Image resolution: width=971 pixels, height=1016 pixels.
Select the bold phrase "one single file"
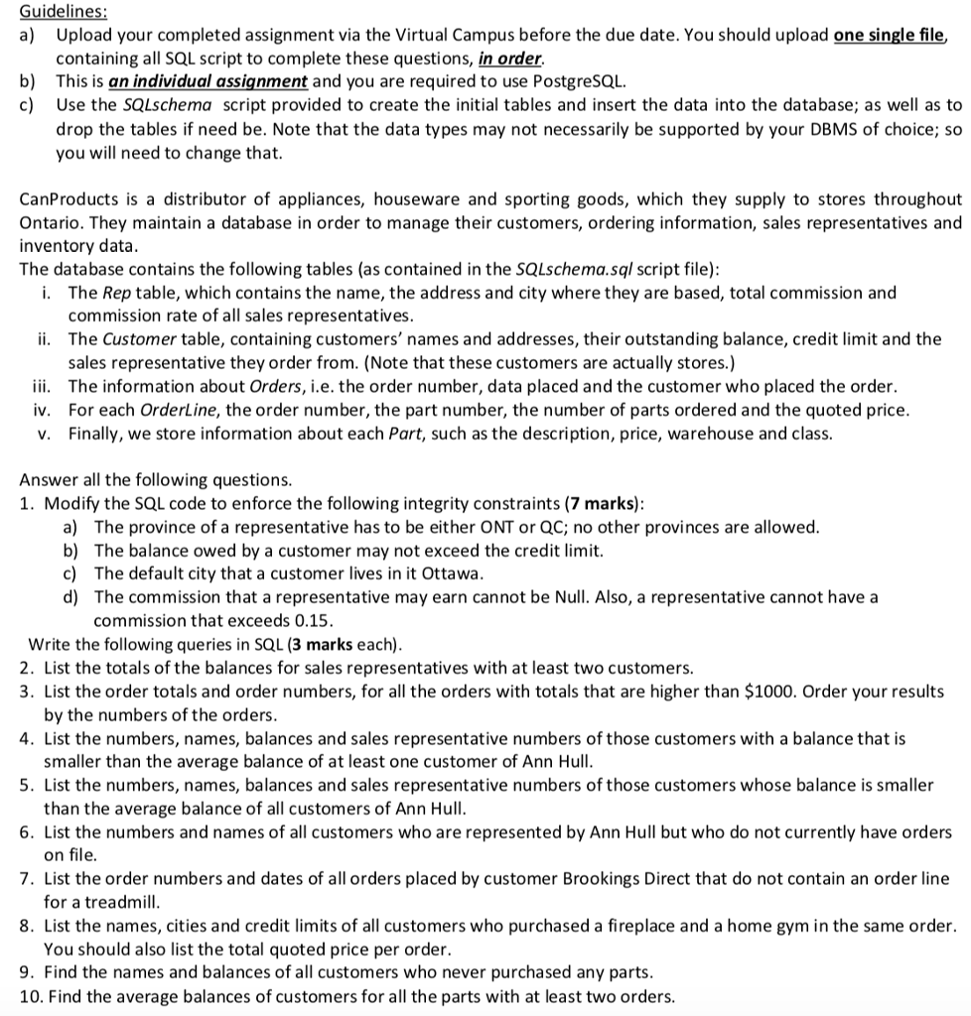[890, 35]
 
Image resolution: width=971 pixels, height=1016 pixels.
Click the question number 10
[30, 996]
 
